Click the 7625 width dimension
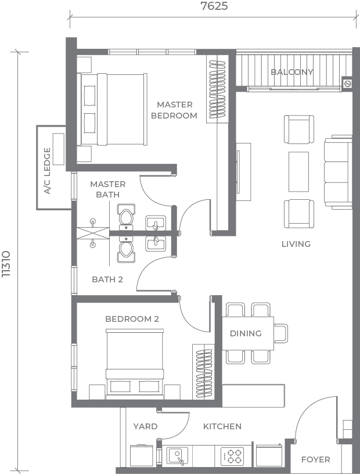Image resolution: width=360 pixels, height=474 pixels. point(214,6)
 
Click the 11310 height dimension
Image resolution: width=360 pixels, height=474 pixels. point(6,264)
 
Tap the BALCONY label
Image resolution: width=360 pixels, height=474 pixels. point(292,72)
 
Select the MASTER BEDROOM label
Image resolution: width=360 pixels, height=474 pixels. point(174,110)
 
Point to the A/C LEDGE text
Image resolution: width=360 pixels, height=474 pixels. point(47,171)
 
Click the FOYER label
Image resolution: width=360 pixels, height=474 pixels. point(315,459)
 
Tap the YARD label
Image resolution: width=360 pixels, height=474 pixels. point(145,426)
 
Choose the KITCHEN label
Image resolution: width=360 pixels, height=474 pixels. point(222,426)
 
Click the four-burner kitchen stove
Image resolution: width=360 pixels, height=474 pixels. point(232,457)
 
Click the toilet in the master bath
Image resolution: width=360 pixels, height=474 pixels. point(127,216)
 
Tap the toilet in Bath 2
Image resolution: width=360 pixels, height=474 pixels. point(127,250)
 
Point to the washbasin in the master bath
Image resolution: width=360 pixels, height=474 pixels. point(156,223)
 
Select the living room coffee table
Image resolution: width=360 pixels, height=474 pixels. point(298,172)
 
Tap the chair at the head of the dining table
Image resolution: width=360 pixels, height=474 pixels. point(281,333)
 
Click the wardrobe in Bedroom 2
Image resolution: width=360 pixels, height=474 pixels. point(203,372)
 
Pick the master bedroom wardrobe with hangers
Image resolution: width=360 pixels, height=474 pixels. point(217,89)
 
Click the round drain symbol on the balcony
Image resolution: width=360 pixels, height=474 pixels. point(347,84)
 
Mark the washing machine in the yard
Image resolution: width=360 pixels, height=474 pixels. point(143,455)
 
